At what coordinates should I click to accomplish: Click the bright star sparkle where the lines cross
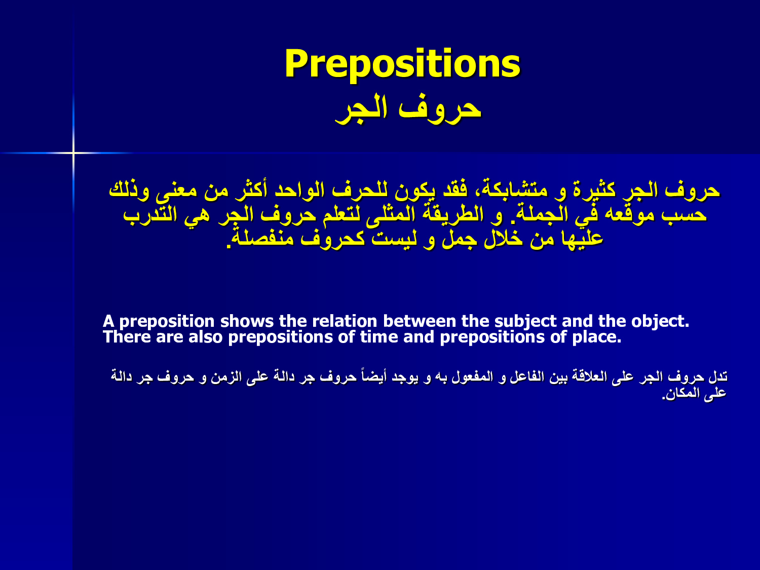[x=73, y=153]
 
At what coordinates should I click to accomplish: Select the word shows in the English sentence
[x=247, y=321]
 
